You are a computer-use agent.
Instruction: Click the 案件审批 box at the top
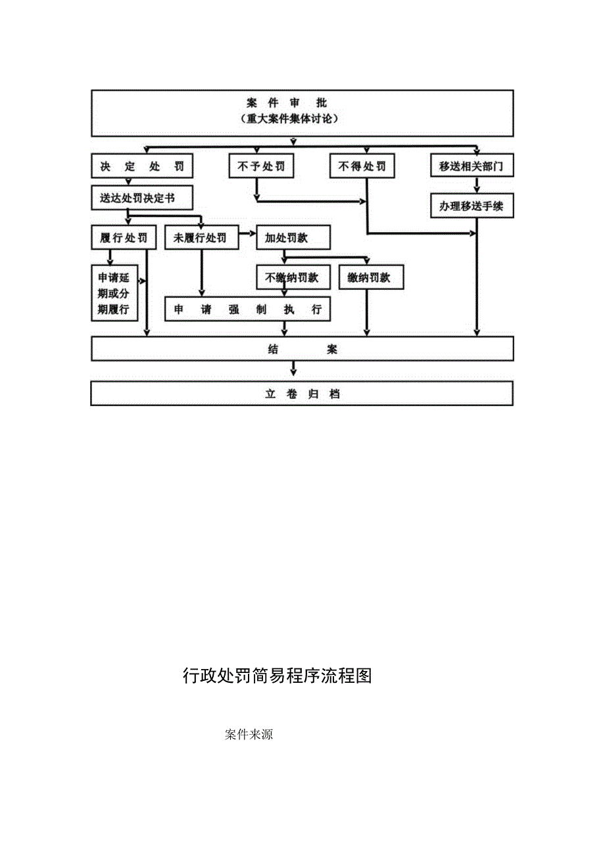point(302,112)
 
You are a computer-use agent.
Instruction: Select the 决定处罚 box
point(142,166)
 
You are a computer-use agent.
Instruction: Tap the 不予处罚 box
point(261,166)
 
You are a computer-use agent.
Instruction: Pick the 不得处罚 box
point(362,166)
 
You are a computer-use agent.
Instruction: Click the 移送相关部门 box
point(472,166)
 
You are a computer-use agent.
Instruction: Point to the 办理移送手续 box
point(472,206)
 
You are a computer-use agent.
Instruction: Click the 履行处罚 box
point(124,238)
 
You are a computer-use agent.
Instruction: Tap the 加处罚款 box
point(293,238)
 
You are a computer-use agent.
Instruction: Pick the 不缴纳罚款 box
point(293,277)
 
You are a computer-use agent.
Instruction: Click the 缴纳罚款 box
point(371,277)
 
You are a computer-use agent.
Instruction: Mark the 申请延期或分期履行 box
point(114,293)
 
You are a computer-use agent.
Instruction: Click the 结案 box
point(302,349)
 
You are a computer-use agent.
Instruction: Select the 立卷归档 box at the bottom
point(302,394)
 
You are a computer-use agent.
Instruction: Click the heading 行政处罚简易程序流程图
point(278,676)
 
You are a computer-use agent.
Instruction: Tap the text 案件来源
point(249,735)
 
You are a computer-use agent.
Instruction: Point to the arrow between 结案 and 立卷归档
point(294,371)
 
